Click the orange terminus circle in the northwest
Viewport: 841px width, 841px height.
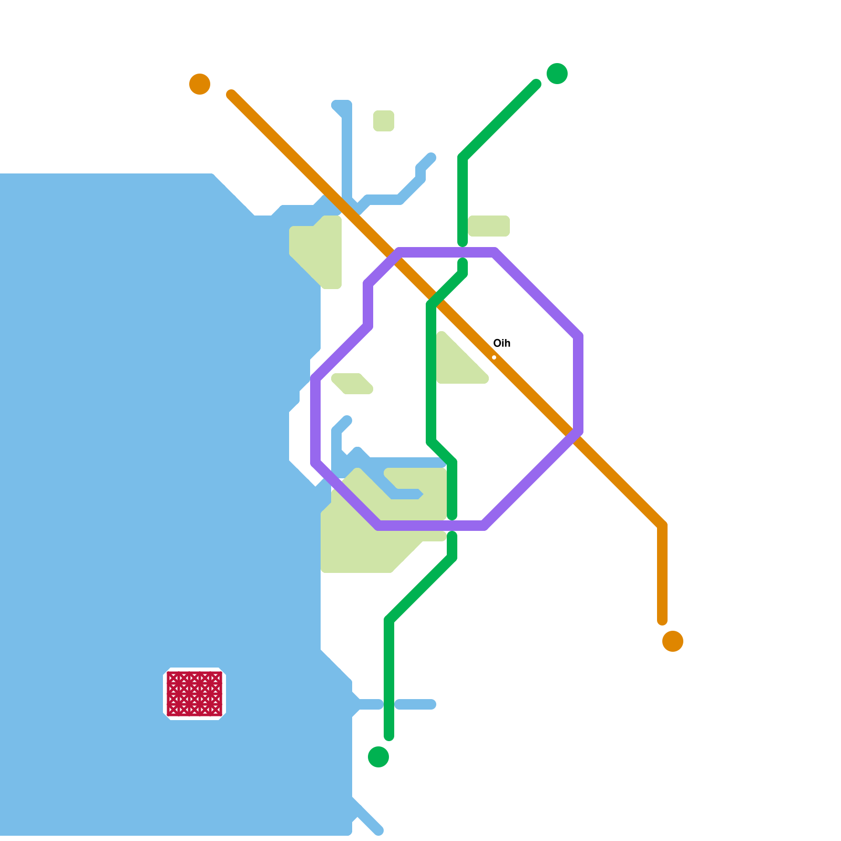[200, 84]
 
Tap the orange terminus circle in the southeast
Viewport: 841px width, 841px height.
[673, 641]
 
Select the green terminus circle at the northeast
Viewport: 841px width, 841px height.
[557, 74]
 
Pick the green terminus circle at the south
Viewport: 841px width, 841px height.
[378, 757]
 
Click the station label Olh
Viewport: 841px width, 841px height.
[502, 343]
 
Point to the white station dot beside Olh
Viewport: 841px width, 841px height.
[494, 357]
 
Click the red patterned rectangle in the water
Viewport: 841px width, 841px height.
[194, 694]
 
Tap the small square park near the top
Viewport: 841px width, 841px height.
[384, 121]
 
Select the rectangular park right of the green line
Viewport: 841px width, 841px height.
[489, 226]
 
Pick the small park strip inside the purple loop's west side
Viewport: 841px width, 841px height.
[352, 384]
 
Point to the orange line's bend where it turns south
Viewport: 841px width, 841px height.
[662, 526]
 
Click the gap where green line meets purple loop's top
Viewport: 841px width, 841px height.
[463, 252]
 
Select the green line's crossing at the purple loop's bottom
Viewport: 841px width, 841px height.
[452, 526]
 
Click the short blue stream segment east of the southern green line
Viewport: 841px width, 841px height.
[415, 704]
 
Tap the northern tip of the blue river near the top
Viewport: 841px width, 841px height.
[342, 105]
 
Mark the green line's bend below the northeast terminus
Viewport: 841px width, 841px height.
[463, 158]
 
